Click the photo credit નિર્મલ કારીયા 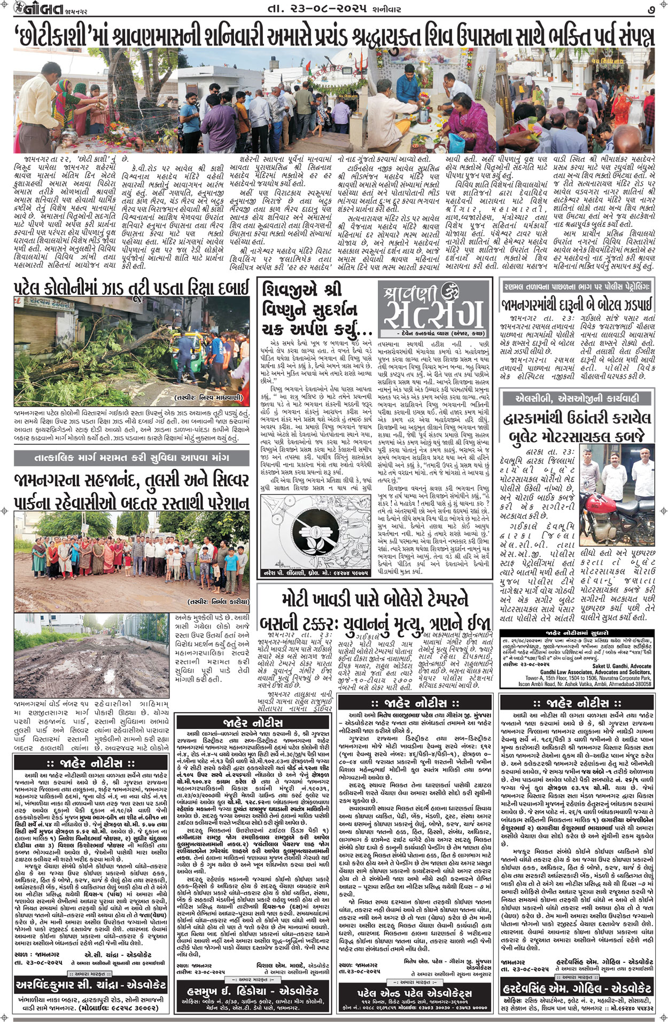[219, 600]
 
